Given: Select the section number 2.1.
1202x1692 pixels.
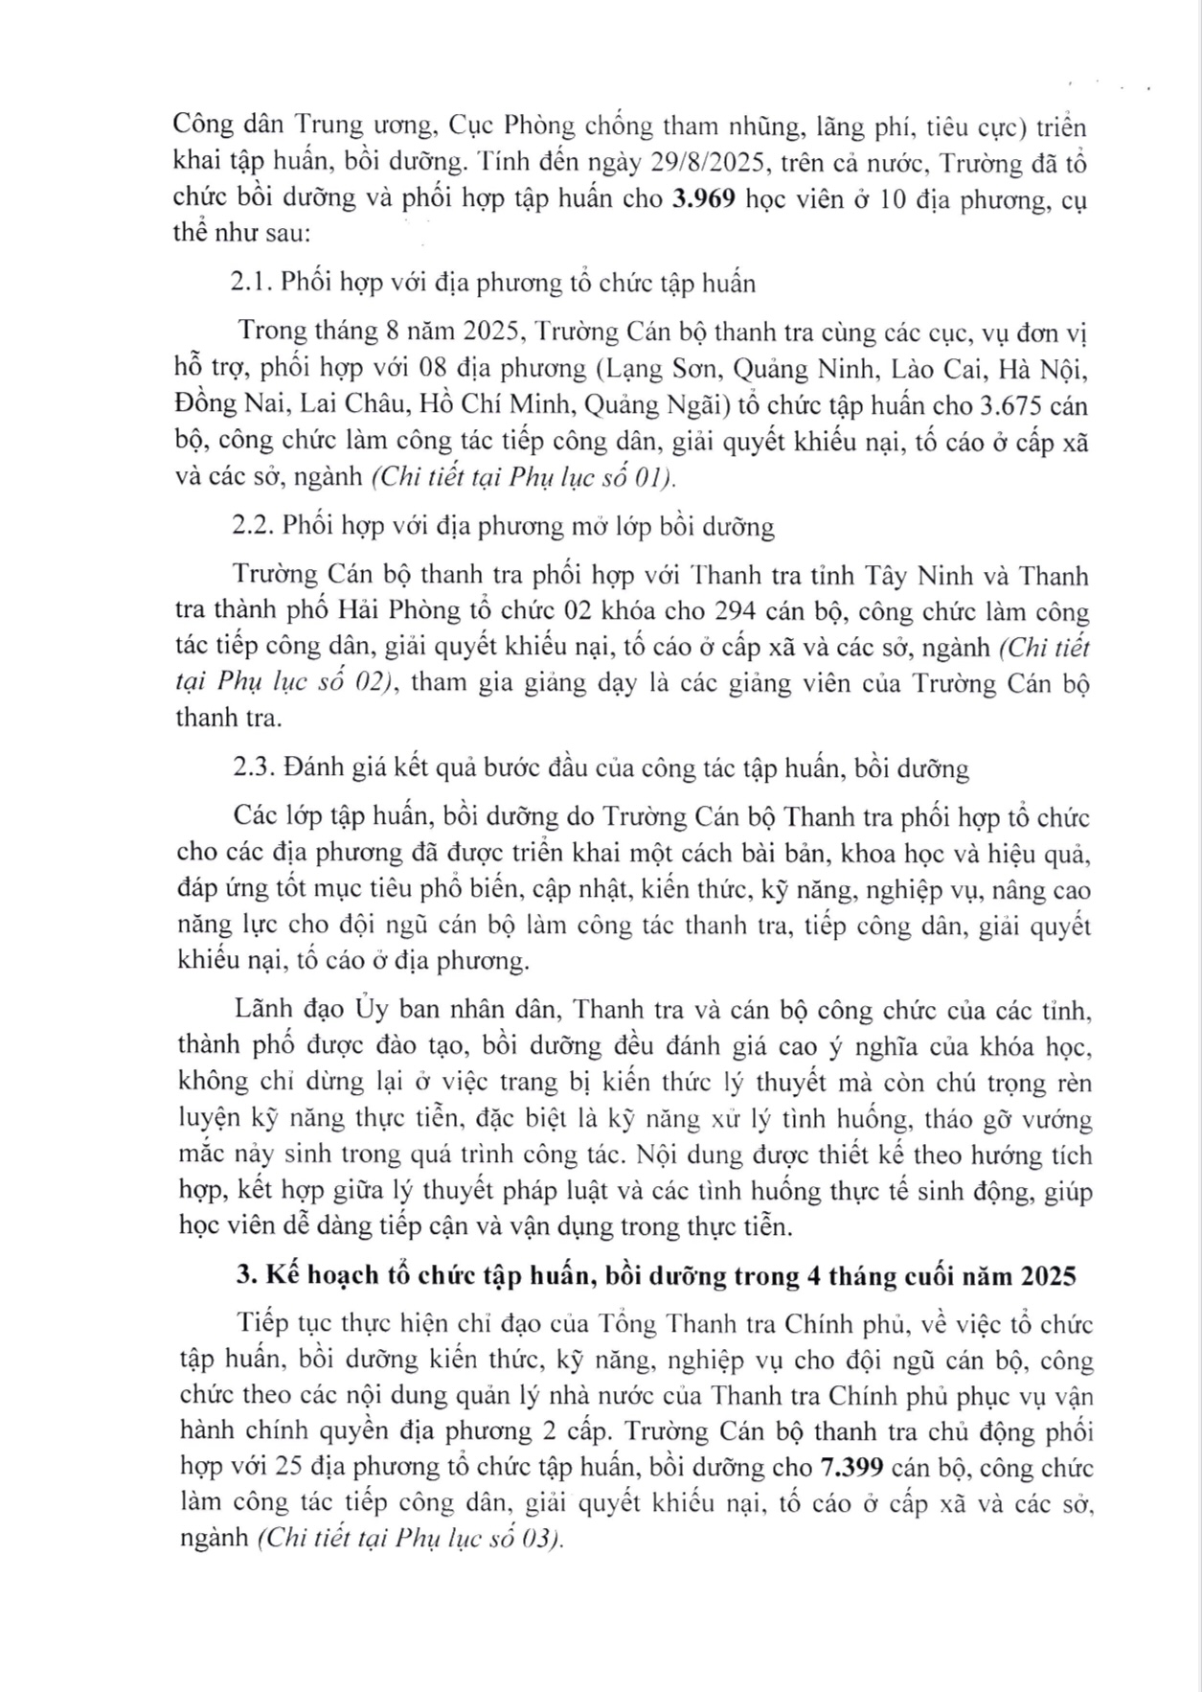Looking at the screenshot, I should pyautogui.click(x=254, y=284).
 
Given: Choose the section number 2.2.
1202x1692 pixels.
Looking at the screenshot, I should pyautogui.click(x=255, y=527).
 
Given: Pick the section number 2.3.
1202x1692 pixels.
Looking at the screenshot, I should pyautogui.click(x=255, y=769).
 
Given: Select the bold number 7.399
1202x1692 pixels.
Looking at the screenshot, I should pyautogui.click(x=854, y=1468).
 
